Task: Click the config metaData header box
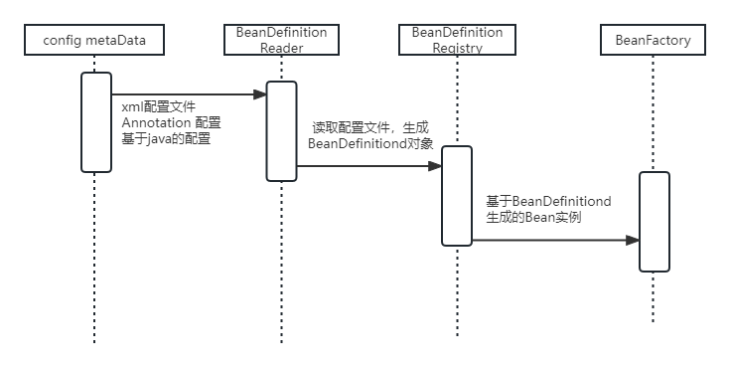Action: (95, 40)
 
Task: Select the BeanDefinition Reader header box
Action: (281, 40)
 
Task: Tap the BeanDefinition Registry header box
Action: (457, 40)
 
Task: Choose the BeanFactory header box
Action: (653, 40)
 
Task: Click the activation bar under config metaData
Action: (95, 121)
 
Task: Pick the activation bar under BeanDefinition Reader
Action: (281, 131)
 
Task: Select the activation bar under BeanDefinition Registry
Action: (457, 195)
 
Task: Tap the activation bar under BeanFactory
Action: (654, 221)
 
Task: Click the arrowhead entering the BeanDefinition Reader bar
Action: (260, 94)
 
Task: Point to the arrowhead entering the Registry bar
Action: (436, 167)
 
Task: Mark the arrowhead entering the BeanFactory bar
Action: (633, 240)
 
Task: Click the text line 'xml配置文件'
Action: (159, 105)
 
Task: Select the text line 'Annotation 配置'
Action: (171, 122)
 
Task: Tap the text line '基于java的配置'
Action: (167, 139)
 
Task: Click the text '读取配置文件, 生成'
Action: (368, 127)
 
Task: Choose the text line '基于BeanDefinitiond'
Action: (547, 201)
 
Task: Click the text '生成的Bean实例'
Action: (533, 217)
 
